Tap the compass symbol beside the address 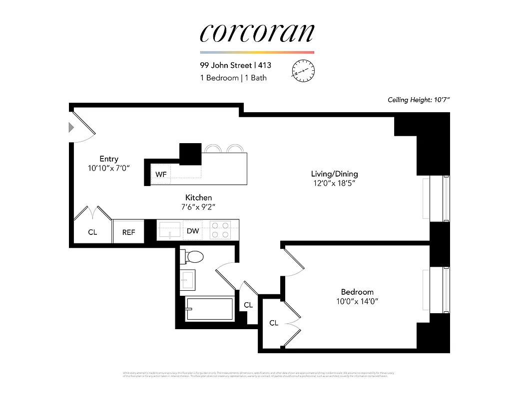coord(303,70)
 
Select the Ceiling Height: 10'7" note coord(419,100)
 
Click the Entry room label coord(109,159)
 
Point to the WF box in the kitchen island coord(161,175)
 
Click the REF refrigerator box coord(129,232)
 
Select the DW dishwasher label coord(193,231)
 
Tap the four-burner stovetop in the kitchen coord(220,230)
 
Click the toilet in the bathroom coord(194,256)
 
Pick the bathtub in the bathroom coord(209,309)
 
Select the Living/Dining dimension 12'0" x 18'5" coord(334,184)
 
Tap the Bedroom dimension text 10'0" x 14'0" coord(357,301)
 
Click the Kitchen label coord(198,198)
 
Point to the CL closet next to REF coord(92,232)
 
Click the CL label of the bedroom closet coord(274,323)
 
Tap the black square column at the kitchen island coord(190,153)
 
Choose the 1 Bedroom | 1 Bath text coord(233,78)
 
